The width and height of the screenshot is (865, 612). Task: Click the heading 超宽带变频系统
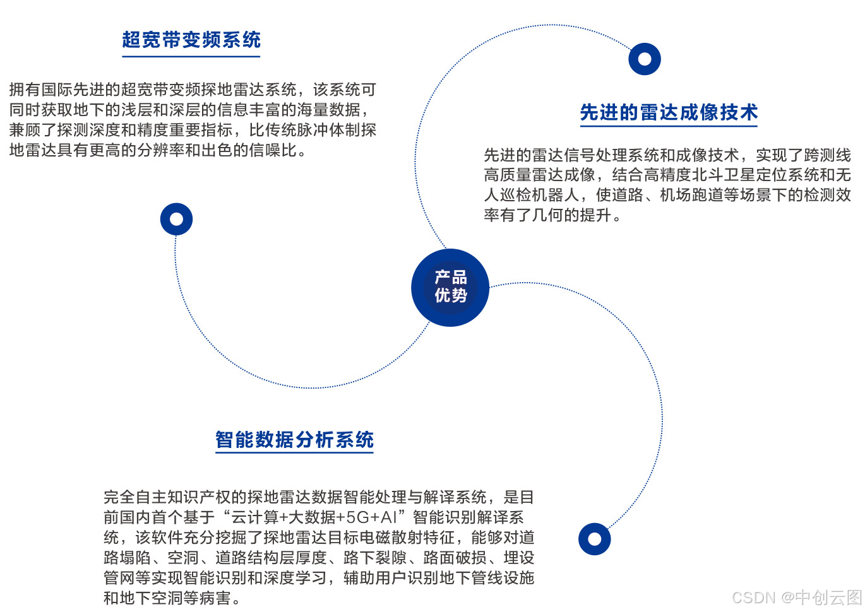191,40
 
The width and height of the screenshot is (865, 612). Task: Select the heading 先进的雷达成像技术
669,112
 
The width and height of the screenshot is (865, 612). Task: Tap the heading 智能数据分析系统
294,440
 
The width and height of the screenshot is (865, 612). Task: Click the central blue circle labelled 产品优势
450,287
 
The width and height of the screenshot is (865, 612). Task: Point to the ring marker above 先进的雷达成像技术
645,59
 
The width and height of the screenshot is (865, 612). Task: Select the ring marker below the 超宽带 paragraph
176,219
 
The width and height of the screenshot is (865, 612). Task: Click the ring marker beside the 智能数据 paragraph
594,539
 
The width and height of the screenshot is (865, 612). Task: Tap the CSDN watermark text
797,597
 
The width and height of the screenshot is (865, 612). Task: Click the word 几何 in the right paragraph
547,215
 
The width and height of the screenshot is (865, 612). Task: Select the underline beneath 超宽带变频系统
191,57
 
